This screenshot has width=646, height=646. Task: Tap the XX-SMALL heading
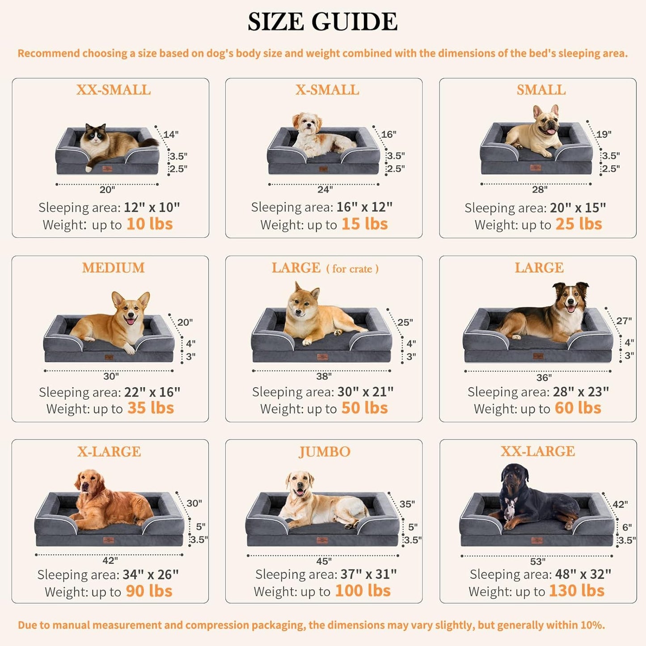[x=113, y=90]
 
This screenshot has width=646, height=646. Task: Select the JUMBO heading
[x=324, y=452]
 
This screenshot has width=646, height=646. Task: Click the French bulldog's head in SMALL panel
[x=547, y=121]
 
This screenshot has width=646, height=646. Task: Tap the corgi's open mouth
[x=130, y=320]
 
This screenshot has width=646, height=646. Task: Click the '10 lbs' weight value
[x=149, y=224]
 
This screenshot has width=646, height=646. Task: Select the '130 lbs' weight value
[x=576, y=591]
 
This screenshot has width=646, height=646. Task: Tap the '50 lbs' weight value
[x=364, y=408]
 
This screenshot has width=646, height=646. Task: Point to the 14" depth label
[x=171, y=134]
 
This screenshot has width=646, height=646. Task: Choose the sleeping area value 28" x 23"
[x=581, y=392]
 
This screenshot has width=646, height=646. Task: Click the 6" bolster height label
[x=627, y=528]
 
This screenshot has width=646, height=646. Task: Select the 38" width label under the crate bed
[x=324, y=376]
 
